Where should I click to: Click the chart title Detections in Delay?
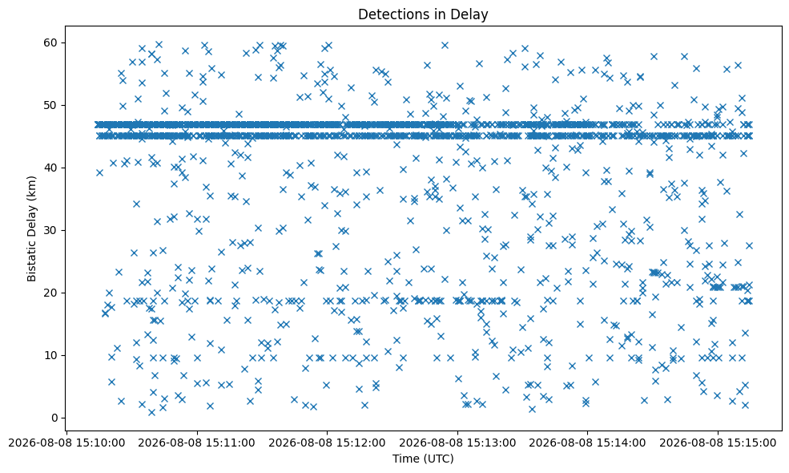point(423,14)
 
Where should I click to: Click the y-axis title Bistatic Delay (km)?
point(32,228)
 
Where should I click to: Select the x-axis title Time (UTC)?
point(423,459)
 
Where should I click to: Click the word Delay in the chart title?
point(472,15)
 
